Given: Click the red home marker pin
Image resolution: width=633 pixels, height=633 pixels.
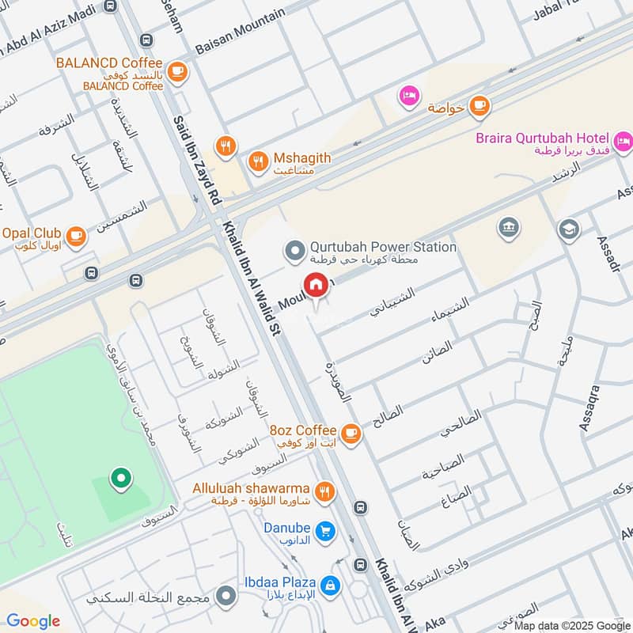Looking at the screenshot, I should pos(315,284).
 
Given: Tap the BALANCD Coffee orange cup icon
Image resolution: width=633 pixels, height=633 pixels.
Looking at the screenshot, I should pos(177,70).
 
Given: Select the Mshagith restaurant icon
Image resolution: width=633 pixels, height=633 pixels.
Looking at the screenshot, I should pos(258,163).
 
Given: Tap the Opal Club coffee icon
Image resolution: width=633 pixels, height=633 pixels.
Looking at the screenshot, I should pos(76,235).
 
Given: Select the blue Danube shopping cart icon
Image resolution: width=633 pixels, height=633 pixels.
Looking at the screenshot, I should pos(324,532).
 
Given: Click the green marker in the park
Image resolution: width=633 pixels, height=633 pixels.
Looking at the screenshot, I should pos(119,479).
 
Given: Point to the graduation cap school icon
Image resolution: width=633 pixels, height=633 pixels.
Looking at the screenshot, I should pos(567,230).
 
